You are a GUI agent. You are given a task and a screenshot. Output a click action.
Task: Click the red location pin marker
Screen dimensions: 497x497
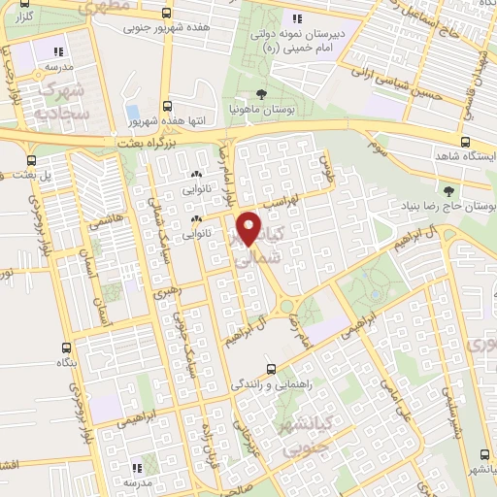click(x=251, y=227)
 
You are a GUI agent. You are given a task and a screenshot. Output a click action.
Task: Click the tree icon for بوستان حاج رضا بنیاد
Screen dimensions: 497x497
click(x=448, y=191)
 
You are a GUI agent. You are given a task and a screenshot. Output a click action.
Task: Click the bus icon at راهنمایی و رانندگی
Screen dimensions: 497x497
click(x=273, y=369)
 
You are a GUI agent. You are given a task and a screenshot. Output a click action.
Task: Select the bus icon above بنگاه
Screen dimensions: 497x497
click(x=66, y=347)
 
